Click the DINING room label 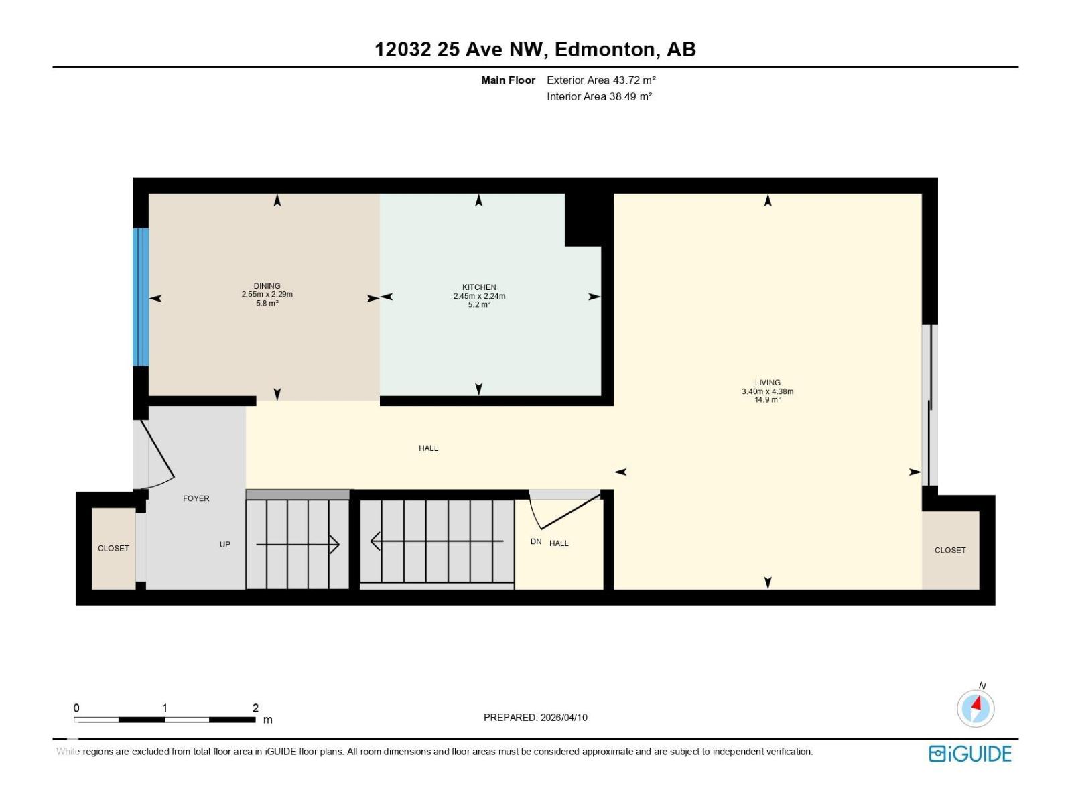click(267, 286)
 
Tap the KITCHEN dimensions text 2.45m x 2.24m click(479, 296)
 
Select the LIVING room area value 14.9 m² click(767, 400)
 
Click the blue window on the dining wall click(140, 297)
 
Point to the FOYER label click(196, 498)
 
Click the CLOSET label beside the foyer click(113, 548)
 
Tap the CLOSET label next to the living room click(949, 550)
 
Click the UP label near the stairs click(225, 545)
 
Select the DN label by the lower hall click(536, 541)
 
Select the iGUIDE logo click(969, 754)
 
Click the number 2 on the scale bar click(255, 708)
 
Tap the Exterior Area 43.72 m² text click(600, 80)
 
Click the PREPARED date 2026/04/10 click(563, 717)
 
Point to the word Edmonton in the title click(605, 49)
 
